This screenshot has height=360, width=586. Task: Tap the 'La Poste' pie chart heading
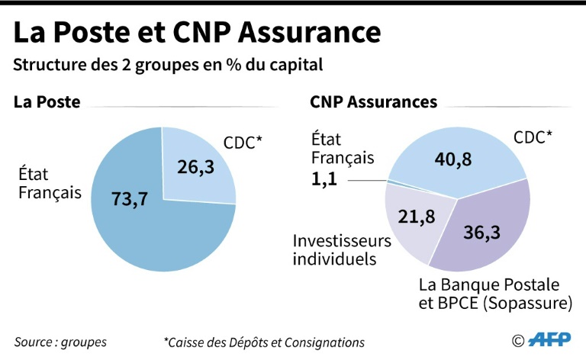[47, 102]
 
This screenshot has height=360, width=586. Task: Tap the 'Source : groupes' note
[60, 342]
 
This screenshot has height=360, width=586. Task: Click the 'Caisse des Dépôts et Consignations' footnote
[264, 342]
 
